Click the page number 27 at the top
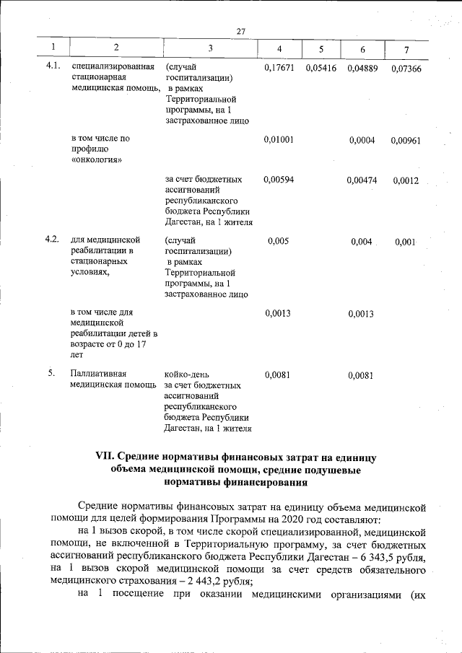point(241,30)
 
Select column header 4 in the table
point(279,49)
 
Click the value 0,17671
point(279,68)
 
